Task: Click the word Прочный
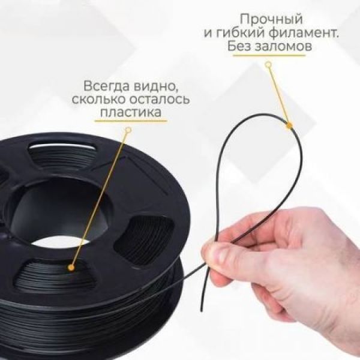tap(271, 19)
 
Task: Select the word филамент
tap(304, 33)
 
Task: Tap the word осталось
tap(160, 100)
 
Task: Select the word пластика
tap(131, 113)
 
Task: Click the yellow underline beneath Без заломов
tap(269, 55)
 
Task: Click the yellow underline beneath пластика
tap(131, 121)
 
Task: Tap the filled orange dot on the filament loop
tap(289, 125)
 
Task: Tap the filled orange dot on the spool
tap(71, 267)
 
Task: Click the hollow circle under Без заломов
tap(268, 65)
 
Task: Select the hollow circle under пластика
tap(128, 130)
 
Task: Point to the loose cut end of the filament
tap(202, 310)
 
